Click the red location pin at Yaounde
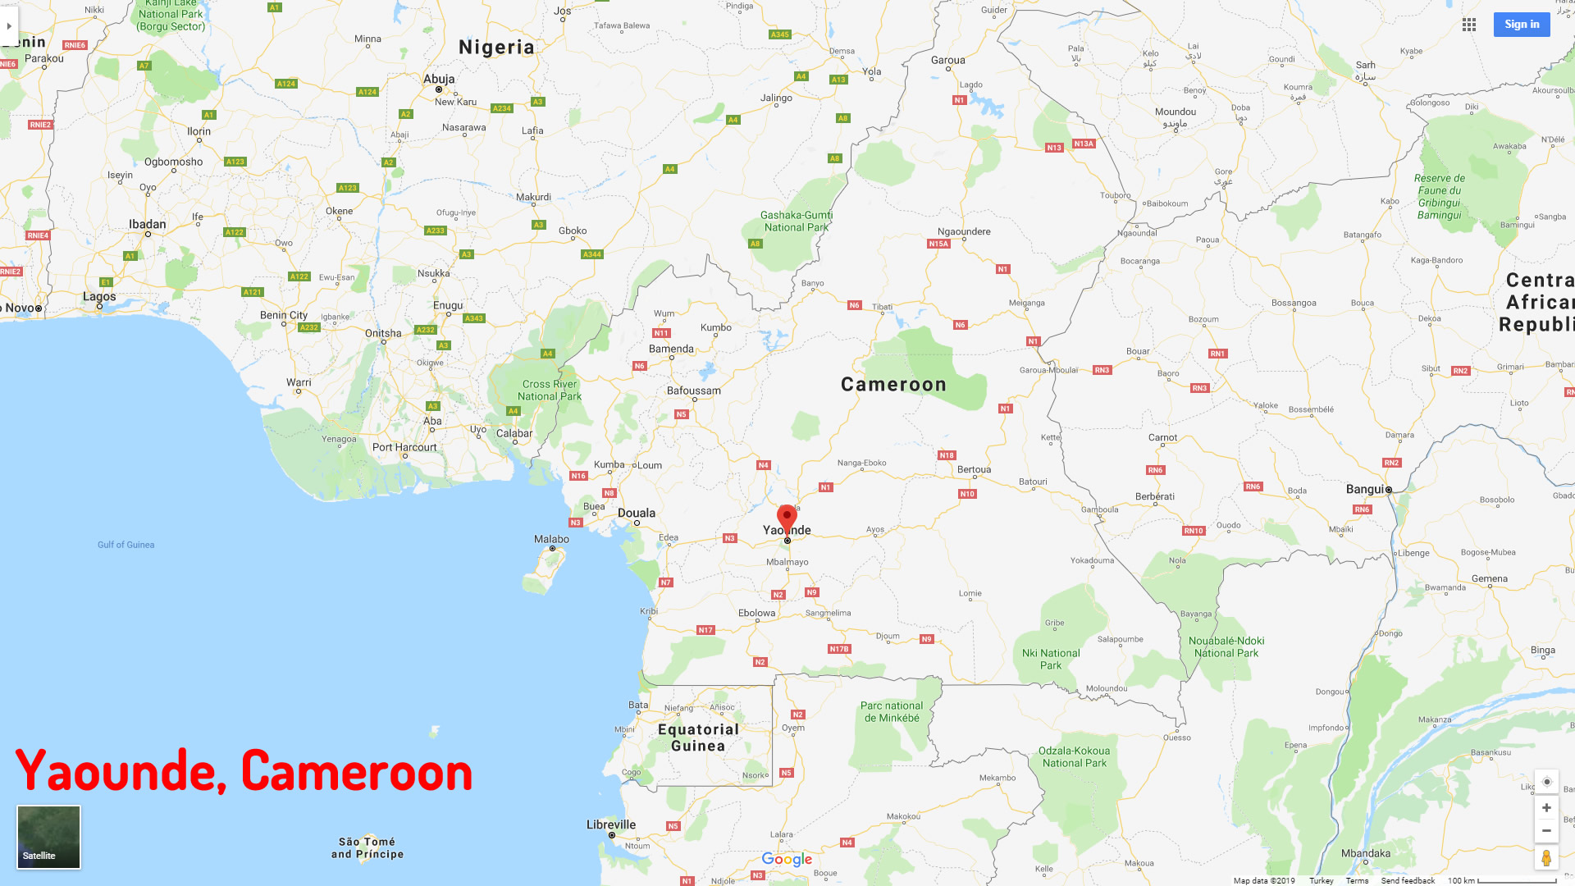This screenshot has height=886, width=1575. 787,518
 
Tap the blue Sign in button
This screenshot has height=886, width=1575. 1522,25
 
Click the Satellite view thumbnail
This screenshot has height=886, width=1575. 49,837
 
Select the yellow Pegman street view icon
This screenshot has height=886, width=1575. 1546,858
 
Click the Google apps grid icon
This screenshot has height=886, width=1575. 1469,25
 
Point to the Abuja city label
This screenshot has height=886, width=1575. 439,79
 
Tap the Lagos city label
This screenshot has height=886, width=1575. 99,296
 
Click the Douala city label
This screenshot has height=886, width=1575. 637,513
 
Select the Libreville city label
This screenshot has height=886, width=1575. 611,824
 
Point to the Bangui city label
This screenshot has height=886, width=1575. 1365,489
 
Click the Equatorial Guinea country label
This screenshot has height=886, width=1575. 698,738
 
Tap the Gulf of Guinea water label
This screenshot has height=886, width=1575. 126,545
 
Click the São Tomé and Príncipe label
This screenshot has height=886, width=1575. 367,847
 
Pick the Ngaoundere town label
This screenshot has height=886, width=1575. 964,231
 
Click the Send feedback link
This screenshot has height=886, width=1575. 1408,880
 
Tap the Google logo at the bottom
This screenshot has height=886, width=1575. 787,859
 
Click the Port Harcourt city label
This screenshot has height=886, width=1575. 404,447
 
